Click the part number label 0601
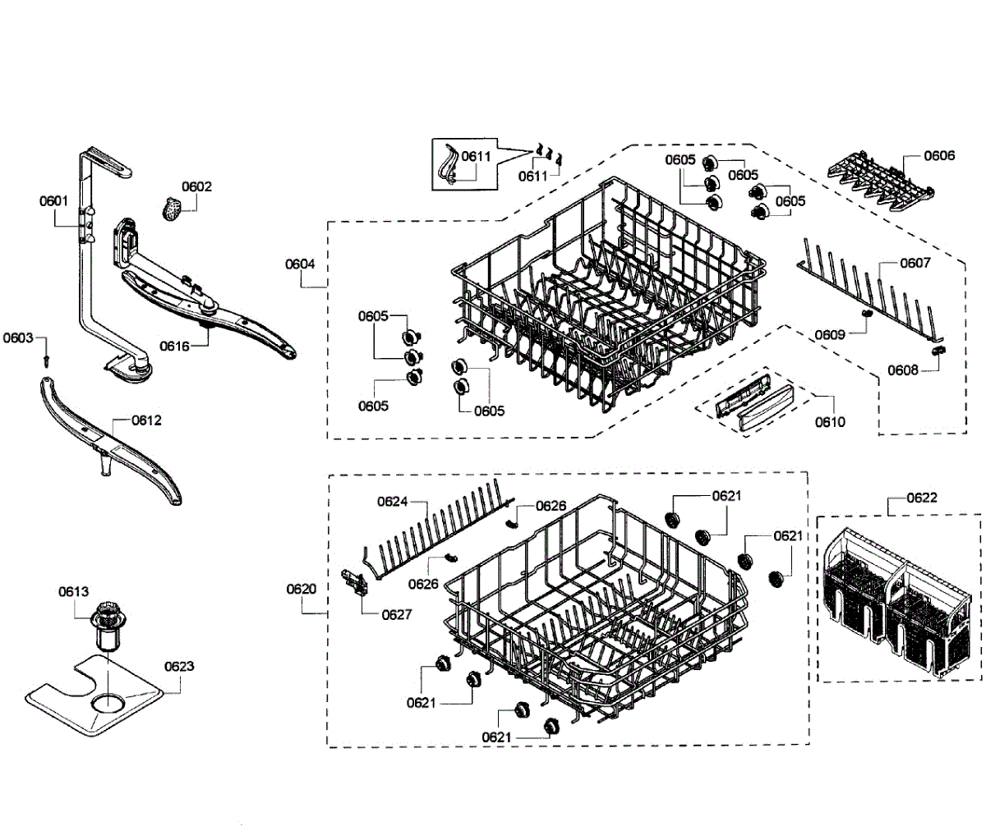click(53, 200)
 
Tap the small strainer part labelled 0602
click(172, 209)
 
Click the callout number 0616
click(174, 346)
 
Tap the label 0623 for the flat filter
click(178, 666)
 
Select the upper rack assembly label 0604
click(300, 264)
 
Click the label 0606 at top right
click(939, 155)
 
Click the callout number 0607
click(915, 263)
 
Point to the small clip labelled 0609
click(865, 314)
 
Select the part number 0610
click(830, 422)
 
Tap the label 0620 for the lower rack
click(301, 589)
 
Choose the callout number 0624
click(393, 502)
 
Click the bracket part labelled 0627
click(357, 584)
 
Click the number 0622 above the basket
click(922, 498)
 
